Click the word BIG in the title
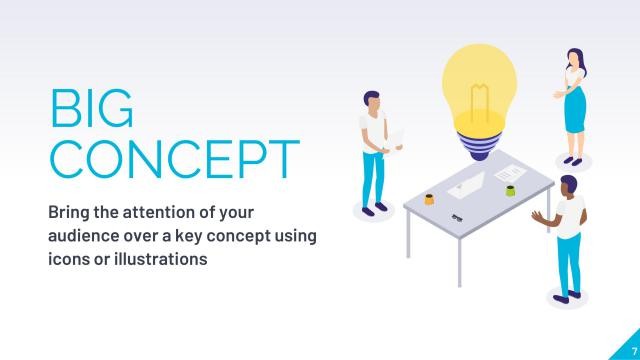(x=91, y=110)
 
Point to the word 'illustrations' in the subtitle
(x=157, y=259)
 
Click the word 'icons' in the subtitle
(x=69, y=259)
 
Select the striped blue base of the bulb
(x=486, y=148)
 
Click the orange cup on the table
(x=429, y=198)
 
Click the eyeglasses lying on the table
(x=456, y=217)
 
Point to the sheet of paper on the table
(x=507, y=174)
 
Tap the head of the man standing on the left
(x=372, y=100)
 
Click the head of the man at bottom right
(x=567, y=185)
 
